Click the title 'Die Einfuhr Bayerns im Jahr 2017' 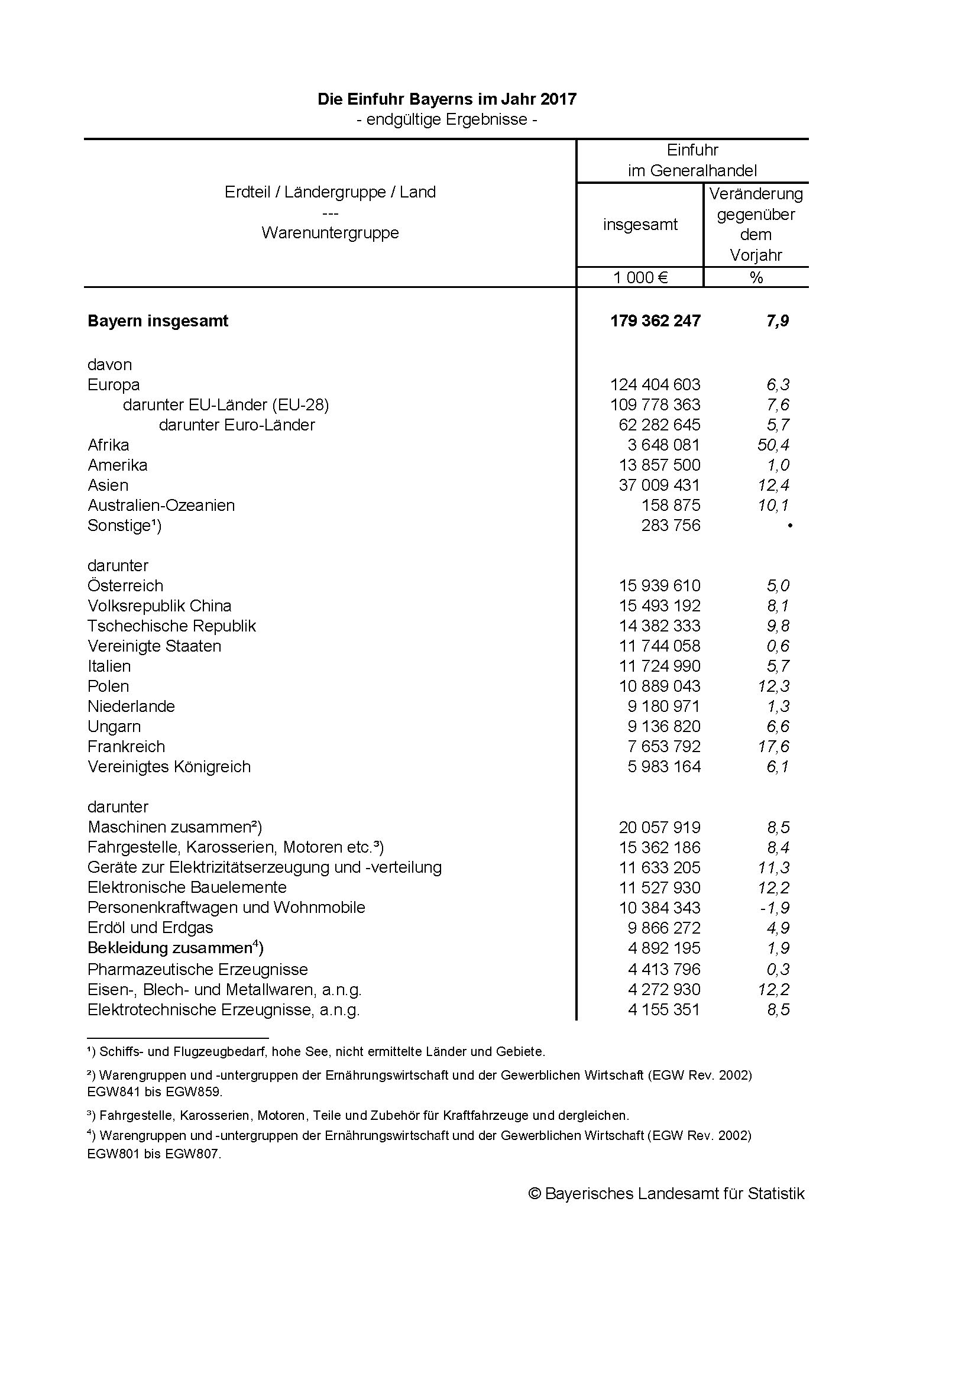point(447,99)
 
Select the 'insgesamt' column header point(640,225)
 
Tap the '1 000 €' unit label point(640,277)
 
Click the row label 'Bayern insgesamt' point(158,320)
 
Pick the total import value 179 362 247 point(655,320)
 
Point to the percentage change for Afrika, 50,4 point(773,445)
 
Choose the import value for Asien point(659,485)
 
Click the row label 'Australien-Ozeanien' point(161,506)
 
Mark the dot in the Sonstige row point(789,526)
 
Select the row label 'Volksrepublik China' point(159,606)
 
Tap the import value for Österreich point(659,585)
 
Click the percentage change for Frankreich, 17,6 point(773,747)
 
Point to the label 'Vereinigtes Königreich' point(169,767)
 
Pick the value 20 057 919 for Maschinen point(659,828)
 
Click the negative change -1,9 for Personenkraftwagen point(775,908)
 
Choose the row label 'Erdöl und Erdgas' point(150,928)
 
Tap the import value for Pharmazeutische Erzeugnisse point(663,969)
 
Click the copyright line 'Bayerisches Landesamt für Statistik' point(666,1194)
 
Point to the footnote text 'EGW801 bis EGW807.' point(154,1155)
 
